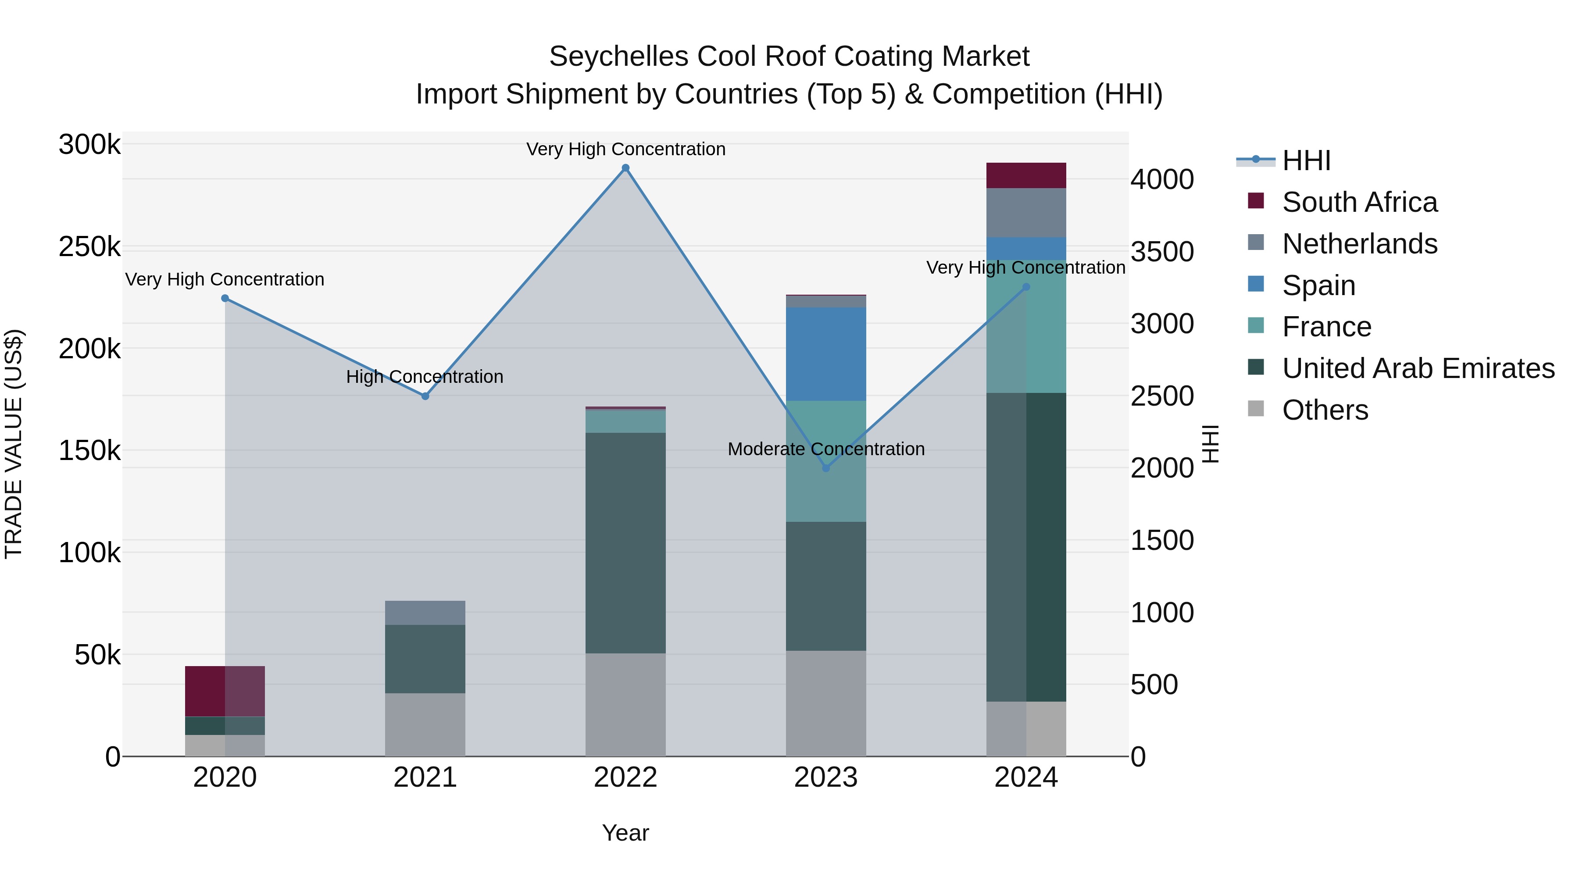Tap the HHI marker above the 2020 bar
tap(225, 299)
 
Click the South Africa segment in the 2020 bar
tap(225, 691)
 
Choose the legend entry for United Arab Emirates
tap(1418, 369)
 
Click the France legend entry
tap(1326, 327)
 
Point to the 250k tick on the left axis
tap(89, 248)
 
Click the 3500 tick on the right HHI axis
tap(1161, 252)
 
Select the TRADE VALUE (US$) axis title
tap(14, 444)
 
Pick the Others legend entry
tap(1325, 410)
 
